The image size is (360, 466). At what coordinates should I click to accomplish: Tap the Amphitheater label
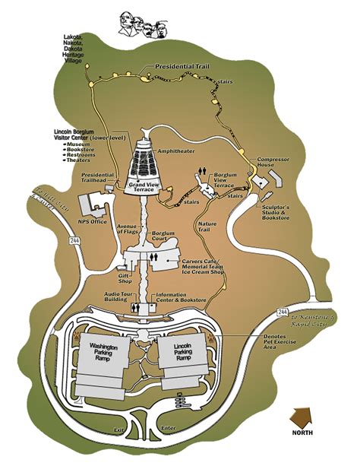pyautogui.click(x=176, y=151)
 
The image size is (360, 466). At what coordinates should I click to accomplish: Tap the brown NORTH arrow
pyautogui.click(x=303, y=420)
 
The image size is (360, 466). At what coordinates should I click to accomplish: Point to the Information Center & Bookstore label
pyautogui.click(x=182, y=300)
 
